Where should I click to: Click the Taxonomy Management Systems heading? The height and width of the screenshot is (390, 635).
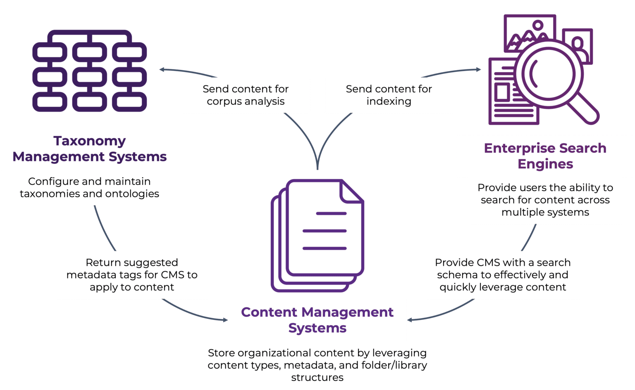coord(90,149)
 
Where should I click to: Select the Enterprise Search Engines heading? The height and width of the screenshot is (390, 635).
coord(545,156)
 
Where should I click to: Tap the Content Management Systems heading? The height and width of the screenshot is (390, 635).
coord(317,320)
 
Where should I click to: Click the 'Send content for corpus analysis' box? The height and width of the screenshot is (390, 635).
coord(246,95)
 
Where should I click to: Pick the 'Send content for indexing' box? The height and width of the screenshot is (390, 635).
coord(389,95)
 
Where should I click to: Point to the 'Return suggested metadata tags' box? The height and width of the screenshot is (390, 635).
coord(132,274)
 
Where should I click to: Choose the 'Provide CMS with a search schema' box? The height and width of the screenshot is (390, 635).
coord(503,274)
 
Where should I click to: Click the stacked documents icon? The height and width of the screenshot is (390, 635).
coord(317,235)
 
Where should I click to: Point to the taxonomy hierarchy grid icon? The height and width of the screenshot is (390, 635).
coord(90,71)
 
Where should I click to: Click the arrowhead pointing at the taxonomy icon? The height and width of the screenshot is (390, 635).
coord(162,70)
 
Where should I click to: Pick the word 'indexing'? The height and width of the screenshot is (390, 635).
coord(389,102)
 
